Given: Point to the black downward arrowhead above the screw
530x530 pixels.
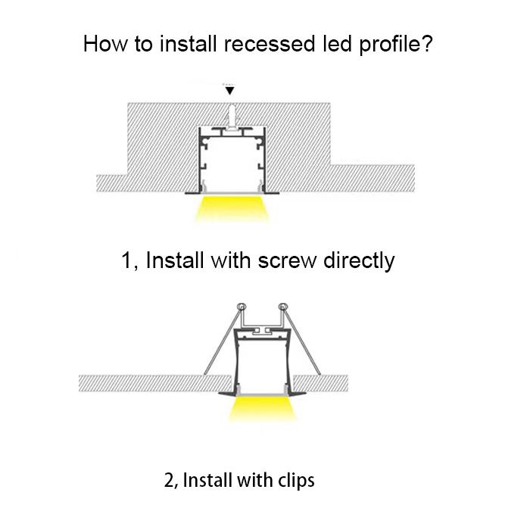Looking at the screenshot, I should [x=231, y=90].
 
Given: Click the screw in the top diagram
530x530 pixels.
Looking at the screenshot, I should [x=231, y=114].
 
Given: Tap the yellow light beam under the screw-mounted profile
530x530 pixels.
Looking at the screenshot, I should [x=232, y=209].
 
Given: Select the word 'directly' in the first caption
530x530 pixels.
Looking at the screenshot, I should [x=359, y=261].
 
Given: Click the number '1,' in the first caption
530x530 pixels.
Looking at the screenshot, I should [x=129, y=261].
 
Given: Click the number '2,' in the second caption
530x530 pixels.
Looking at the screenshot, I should [x=170, y=481].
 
